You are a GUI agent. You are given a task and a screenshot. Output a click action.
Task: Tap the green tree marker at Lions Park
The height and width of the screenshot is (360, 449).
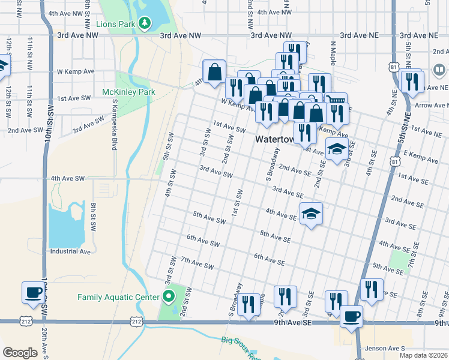[x=144, y=23]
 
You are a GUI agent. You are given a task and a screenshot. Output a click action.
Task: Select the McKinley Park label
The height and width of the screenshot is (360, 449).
[x=128, y=92]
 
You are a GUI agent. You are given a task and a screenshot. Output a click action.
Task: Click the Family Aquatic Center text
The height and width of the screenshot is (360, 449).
[x=118, y=297]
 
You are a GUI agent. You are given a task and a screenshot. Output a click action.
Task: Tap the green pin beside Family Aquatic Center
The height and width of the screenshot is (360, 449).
[x=169, y=296]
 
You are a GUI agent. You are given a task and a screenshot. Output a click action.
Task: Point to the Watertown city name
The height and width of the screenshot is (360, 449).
[x=275, y=139]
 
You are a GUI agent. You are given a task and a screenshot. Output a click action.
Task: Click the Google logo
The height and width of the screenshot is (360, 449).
[x=20, y=352]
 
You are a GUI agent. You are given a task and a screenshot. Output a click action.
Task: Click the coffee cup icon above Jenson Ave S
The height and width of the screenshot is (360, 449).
[x=351, y=316]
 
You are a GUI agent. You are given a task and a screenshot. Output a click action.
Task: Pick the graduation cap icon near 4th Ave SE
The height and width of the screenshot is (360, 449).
[x=311, y=213]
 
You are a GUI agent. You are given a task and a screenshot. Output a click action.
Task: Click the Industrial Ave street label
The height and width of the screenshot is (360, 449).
[x=70, y=252]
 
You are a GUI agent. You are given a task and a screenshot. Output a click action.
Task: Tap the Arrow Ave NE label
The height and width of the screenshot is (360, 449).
[x=432, y=106]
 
